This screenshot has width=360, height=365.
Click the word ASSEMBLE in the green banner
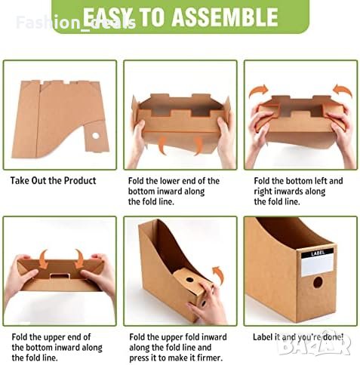coord(226,17)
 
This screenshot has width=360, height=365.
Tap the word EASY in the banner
coord(107,17)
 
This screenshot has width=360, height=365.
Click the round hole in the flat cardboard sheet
coord(96,136)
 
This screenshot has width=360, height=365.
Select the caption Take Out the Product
coord(53,180)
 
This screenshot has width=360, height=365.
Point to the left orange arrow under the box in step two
coord(162,146)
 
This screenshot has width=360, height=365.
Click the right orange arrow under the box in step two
coord(198,146)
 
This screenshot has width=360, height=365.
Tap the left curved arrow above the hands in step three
coord(259,91)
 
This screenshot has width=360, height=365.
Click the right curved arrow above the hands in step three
coord(343,91)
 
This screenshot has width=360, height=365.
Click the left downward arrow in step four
coord(44,259)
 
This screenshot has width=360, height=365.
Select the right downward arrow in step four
coord(79,259)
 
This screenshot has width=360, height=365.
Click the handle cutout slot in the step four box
coord(60,276)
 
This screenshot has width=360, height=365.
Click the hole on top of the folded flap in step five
coord(189,280)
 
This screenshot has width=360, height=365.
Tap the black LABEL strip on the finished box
coord(318,253)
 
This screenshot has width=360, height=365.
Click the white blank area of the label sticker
coord(318,266)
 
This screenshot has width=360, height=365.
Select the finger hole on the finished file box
coord(318,282)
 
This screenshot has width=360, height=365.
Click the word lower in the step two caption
coord(167,181)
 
